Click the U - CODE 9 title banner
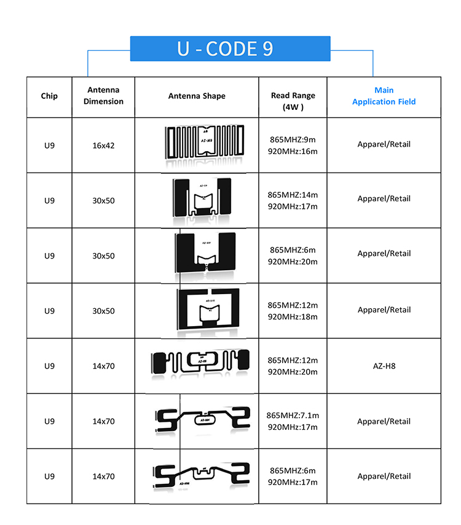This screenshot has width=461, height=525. (x=230, y=49)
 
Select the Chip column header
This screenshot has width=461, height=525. (x=49, y=96)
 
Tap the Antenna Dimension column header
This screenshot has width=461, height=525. (x=103, y=96)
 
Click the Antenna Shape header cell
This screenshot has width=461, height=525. (x=197, y=96)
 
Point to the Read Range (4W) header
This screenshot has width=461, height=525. (x=293, y=101)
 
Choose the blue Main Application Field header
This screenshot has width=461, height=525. (x=384, y=96)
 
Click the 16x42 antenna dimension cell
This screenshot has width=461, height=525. (x=103, y=146)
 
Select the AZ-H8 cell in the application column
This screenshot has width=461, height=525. (x=384, y=366)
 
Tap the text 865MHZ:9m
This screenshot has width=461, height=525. (x=293, y=139)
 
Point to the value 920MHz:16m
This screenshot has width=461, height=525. (x=293, y=151)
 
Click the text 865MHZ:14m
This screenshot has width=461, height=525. (x=293, y=195)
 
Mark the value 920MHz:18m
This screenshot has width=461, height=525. (x=293, y=317)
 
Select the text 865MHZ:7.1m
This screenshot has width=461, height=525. (x=293, y=416)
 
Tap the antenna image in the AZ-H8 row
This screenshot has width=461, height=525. (x=200, y=364)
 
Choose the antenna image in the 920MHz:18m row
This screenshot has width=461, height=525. (x=202, y=309)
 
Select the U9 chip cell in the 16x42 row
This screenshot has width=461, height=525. (x=49, y=146)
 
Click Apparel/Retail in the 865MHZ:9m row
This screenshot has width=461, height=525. (x=384, y=144)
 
